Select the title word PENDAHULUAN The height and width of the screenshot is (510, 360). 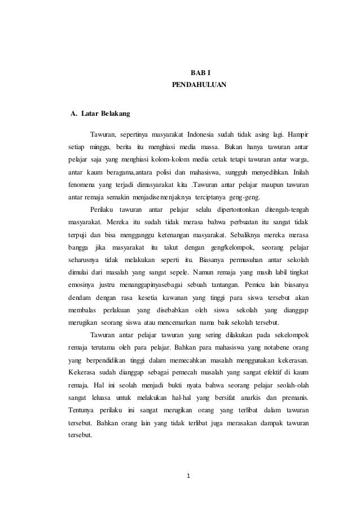pos(198,85)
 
